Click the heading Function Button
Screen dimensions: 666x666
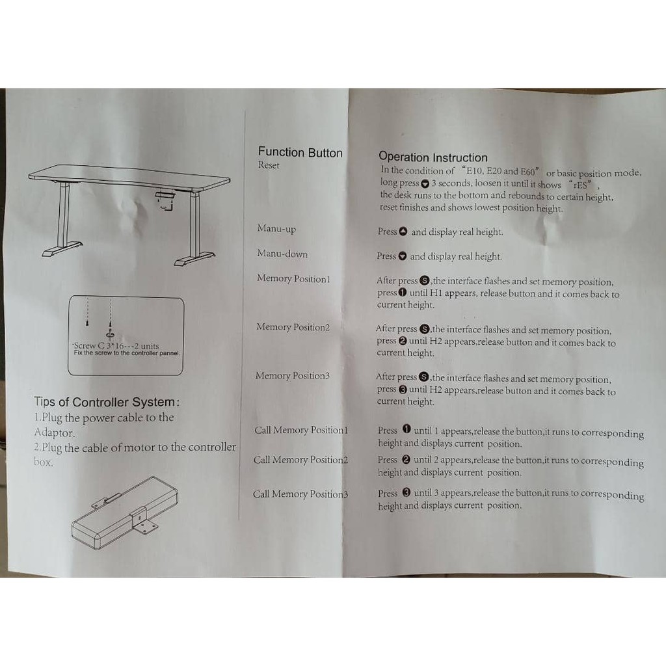[x=300, y=153]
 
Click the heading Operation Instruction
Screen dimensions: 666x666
[x=433, y=157]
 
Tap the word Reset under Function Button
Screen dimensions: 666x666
[x=269, y=166]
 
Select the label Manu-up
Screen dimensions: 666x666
[x=276, y=229]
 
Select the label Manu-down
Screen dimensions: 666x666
[x=282, y=254]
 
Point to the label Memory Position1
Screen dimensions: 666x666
[x=293, y=279]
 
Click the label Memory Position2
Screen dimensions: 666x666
[x=293, y=327]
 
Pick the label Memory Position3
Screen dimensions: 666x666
[x=293, y=376]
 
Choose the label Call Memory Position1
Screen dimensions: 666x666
[x=301, y=431]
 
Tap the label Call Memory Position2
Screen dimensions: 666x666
[x=300, y=460]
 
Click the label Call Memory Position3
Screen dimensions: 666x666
[x=300, y=494]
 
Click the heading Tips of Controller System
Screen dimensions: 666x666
[x=107, y=402]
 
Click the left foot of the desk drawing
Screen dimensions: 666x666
[x=62, y=249]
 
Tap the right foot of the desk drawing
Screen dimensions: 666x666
[x=194, y=258]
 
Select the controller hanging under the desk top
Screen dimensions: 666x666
[x=166, y=198]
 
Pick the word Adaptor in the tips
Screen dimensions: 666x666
[x=55, y=433]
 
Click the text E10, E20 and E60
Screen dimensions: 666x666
[x=499, y=172]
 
